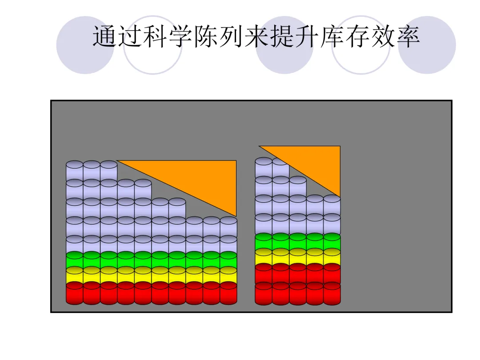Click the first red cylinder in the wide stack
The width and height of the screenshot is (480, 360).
pyautogui.click(x=75, y=293)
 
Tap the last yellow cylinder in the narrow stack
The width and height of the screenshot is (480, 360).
pyautogui.click(x=332, y=256)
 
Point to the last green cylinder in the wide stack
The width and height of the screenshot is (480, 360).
pyautogui.click(x=228, y=260)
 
